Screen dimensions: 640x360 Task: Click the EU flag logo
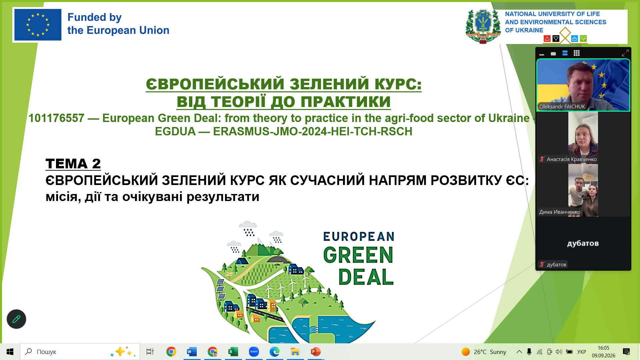click(x=38, y=25)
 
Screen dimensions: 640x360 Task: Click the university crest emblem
click(x=483, y=26)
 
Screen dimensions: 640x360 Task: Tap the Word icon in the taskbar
click(x=192, y=352)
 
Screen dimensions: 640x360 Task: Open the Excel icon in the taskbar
click(x=233, y=352)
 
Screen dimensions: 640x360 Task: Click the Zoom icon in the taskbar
click(x=254, y=352)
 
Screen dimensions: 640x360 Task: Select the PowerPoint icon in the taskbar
click(x=315, y=352)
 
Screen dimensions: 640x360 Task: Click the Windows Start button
click(x=10, y=352)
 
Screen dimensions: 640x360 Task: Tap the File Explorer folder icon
click(x=295, y=352)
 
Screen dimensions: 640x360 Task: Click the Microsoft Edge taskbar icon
click(x=274, y=352)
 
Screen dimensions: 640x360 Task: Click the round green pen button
click(x=16, y=319)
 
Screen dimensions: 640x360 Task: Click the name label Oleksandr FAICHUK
click(x=562, y=107)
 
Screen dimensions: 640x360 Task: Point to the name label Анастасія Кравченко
click(x=572, y=159)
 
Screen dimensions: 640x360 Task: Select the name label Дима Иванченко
click(x=560, y=212)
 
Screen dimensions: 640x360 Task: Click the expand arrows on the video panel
click(x=625, y=53)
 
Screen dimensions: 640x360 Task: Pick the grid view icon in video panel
click(x=577, y=53)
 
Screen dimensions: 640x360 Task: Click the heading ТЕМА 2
click(x=73, y=164)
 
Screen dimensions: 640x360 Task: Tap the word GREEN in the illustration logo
click(x=358, y=255)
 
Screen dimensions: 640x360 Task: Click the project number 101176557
click(x=56, y=118)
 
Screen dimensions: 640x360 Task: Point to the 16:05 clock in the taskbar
click(x=603, y=348)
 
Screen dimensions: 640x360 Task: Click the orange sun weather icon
click(x=466, y=352)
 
